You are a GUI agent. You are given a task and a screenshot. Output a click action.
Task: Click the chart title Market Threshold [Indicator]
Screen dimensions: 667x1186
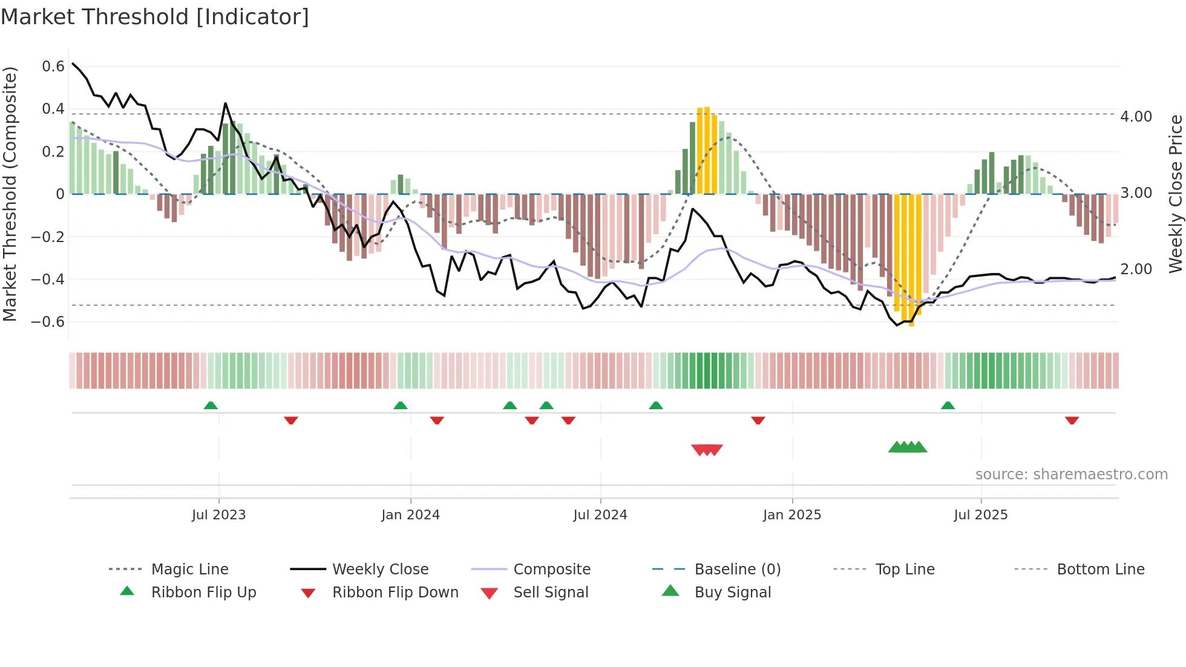(x=155, y=17)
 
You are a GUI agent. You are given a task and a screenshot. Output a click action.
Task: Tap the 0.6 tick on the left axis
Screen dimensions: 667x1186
(x=53, y=67)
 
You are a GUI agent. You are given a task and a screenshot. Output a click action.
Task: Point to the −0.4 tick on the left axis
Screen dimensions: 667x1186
(x=48, y=279)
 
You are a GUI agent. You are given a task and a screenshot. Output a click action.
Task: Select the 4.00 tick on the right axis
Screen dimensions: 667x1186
(x=1136, y=116)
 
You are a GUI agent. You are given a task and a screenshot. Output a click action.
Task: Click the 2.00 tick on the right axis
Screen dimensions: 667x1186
(x=1136, y=269)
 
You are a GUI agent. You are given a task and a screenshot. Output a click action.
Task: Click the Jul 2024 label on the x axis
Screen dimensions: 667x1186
(x=600, y=515)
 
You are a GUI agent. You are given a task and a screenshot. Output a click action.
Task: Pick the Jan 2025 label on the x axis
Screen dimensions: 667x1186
(x=791, y=515)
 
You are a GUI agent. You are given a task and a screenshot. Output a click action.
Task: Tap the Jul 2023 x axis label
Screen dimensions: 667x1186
(x=218, y=515)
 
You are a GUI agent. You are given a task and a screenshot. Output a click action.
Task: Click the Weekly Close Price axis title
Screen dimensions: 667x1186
(x=1175, y=194)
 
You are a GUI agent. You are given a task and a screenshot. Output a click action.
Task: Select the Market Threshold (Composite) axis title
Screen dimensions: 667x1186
(x=10, y=194)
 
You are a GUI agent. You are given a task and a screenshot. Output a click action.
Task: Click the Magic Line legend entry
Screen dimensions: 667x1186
(x=189, y=570)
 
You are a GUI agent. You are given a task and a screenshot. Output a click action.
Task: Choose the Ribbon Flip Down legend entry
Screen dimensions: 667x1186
(x=395, y=593)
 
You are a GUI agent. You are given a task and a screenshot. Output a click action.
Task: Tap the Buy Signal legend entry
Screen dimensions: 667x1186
(x=732, y=593)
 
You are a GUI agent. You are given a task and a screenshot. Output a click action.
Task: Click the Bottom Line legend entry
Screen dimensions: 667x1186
(x=1100, y=570)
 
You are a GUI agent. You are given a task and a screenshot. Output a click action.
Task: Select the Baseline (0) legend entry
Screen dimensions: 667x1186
(x=737, y=570)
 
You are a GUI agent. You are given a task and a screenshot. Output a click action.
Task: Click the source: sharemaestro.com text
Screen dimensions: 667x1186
(x=1071, y=475)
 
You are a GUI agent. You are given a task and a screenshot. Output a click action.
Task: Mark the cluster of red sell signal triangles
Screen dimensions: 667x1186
(x=707, y=450)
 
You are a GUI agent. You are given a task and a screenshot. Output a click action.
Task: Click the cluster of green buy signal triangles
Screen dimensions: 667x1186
(x=907, y=447)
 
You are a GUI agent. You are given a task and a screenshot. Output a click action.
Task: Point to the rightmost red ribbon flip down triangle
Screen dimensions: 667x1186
(x=1072, y=420)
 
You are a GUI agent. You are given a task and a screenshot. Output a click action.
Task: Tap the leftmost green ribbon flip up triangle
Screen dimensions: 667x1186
(x=211, y=406)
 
